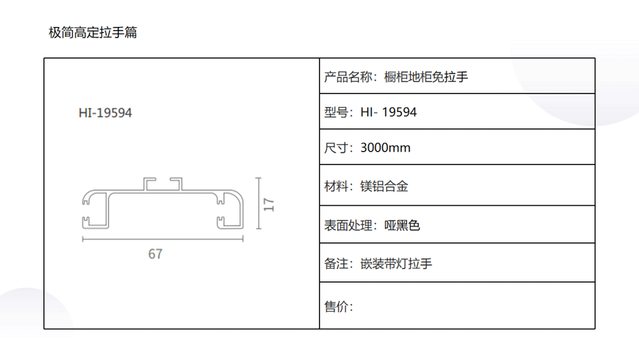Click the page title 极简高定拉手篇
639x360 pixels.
pyautogui.click(x=93, y=32)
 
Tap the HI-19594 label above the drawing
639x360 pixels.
pyautogui.click(x=105, y=113)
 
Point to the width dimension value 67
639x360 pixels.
pyautogui.click(x=155, y=254)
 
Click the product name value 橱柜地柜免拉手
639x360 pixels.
pyautogui.click(x=426, y=77)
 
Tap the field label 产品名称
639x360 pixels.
pyautogui.click(x=342, y=77)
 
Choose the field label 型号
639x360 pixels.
pyautogui.click(x=336, y=113)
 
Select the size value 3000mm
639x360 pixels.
pyautogui.click(x=385, y=148)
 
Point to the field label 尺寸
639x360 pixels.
pyautogui.click(x=336, y=148)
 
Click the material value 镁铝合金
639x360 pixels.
pyautogui.click(x=384, y=187)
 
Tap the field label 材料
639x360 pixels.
pyautogui.click(x=336, y=187)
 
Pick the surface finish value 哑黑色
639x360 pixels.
pyautogui.click(x=402, y=225)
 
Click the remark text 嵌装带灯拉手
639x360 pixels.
pyautogui.click(x=396, y=263)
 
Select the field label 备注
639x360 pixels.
pyautogui.click(x=336, y=263)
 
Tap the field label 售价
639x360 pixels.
pyautogui.click(x=336, y=307)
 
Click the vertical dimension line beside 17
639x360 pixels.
pyautogui.click(x=258, y=203)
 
